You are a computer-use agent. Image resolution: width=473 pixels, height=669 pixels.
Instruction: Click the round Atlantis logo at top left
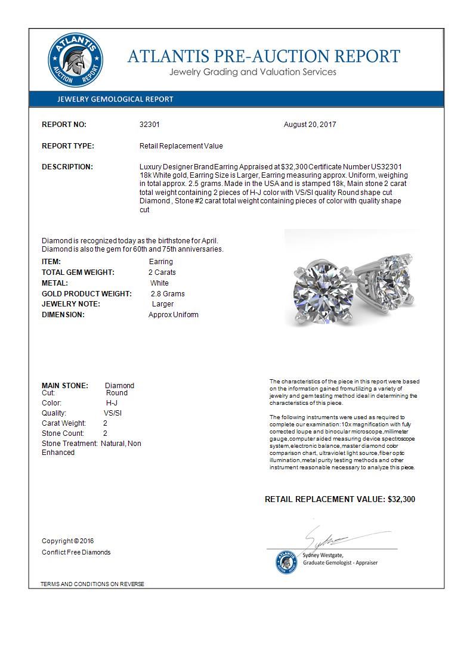[x=75, y=60]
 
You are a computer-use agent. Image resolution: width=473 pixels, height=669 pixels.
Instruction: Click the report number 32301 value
[x=149, y=125]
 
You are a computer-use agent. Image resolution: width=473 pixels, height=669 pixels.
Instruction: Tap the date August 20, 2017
[x=310, y=125]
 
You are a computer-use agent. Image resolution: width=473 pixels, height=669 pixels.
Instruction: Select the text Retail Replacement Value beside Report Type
[x=181, y=146]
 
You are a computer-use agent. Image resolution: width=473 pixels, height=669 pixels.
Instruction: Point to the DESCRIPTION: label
[x=67, y=167]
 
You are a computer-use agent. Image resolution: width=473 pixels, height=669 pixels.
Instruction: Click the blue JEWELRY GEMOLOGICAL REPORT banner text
[x=115, y=99]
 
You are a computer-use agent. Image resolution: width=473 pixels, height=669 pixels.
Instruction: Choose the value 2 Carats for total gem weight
[x=162, y=272]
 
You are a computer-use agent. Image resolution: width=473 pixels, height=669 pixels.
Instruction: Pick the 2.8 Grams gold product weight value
[x=168, y=294]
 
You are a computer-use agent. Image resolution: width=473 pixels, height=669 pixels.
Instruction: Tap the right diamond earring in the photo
[x=390, y=284]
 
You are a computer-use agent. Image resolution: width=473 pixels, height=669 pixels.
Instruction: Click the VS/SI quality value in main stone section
[x=112, y=413]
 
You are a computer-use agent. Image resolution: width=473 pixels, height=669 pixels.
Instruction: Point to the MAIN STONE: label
[x=65, y=386]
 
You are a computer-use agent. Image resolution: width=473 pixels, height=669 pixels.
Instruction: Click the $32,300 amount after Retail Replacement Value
[x=401, y=499]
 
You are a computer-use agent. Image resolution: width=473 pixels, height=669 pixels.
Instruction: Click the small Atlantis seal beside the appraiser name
[x=287, y=562]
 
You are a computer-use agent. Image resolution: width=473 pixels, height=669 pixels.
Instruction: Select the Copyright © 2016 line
[x=68, y=541]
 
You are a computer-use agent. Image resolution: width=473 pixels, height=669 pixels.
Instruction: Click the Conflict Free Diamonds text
[x=76, y=552]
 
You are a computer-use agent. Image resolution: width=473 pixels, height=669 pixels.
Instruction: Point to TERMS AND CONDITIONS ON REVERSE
[x=92, y=584]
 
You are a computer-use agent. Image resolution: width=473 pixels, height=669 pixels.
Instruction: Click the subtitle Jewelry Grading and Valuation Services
[x=253, y=72]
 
